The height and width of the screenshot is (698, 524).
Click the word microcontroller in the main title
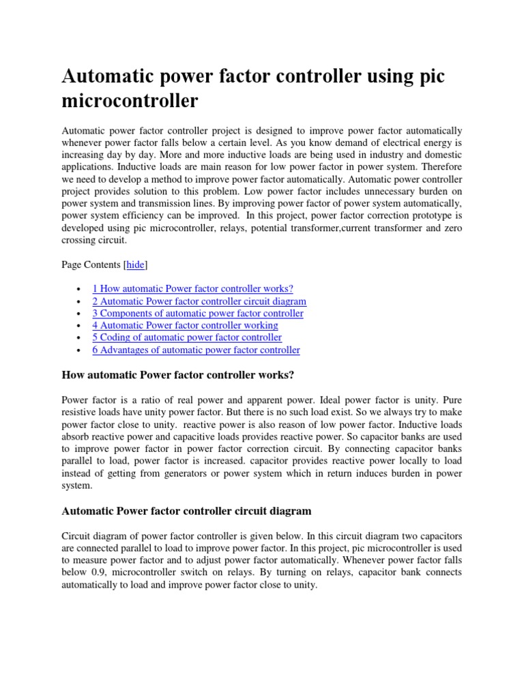click(x=130, y=101)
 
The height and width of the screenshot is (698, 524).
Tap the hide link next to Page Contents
click(x=135, y=264)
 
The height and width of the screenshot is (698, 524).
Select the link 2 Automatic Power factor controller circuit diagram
click(x=199, y=301)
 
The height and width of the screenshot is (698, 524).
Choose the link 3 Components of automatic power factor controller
click(x=198, y=313)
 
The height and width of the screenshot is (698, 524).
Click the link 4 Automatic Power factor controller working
click(x=185, y=325)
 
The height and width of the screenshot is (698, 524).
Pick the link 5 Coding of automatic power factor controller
click(x=187, y=337)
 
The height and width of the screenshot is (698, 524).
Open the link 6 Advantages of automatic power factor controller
click(x=196, y=350)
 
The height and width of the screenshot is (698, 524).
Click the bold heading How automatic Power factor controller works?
click(x=178, y=374)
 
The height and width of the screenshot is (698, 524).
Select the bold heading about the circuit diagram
click(x=186, y=510)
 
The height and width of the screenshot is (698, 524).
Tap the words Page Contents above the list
click(x=91, y=264)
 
